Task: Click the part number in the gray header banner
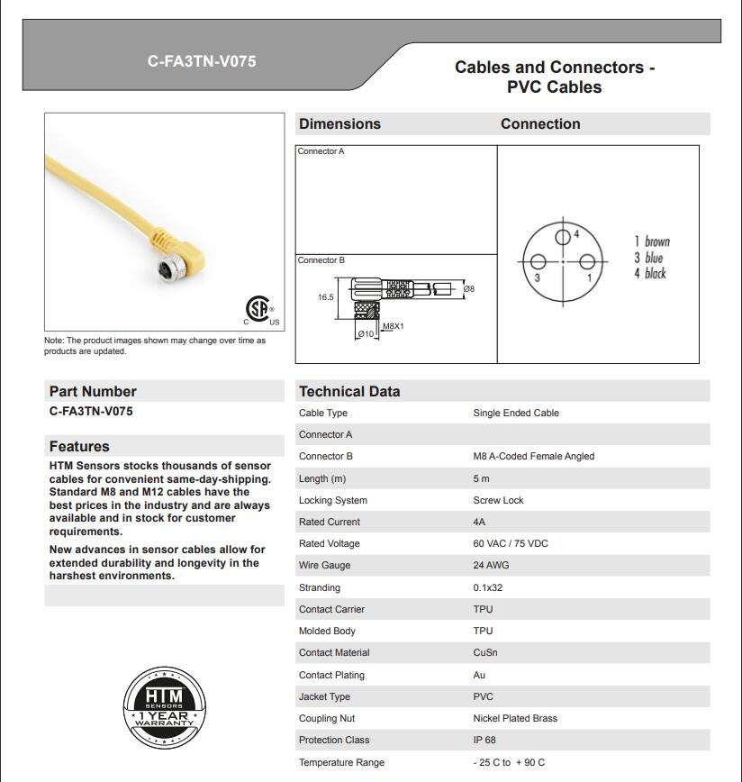(x=202, y=61)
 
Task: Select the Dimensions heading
(x=339, y=124)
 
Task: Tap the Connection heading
(x=540, y=124)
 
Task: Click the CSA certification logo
(x=261, y=309)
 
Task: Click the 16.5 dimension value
(x=325, y=297)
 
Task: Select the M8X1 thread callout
(x=393, y=326)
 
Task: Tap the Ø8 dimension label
(x=468, y=288)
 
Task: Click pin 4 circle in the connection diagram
(x=563, y=237)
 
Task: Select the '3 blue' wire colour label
(x=648, y=258)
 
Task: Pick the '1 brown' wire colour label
(x=652, y=241)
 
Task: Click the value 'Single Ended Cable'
(x=516, y=413)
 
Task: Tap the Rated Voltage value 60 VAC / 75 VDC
(x=511, y=543)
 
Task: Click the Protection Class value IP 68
(x=484, y=740)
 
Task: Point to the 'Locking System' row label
(x=333, y=500)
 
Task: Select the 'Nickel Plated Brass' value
(x=515, y=718)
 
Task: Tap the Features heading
(x=79, y=446)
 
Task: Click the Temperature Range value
(x=509, y=762)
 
